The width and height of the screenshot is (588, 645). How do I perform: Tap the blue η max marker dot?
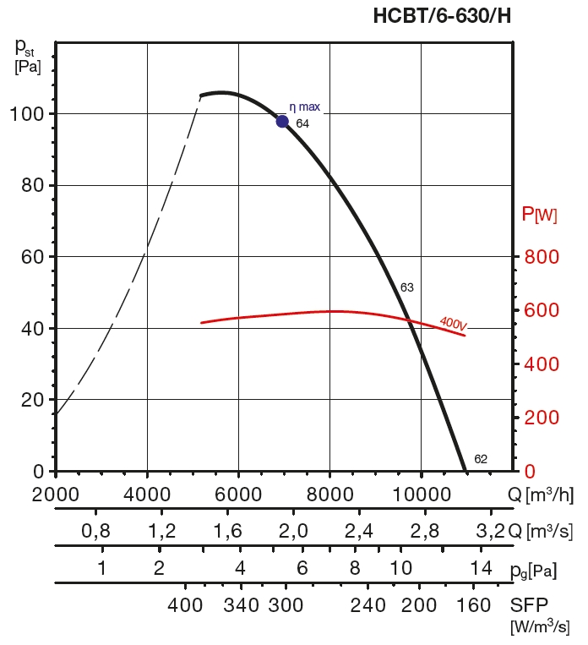point(282,121)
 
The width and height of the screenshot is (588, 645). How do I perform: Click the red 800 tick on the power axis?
point(542,257)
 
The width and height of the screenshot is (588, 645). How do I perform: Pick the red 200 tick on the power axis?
point(542,418)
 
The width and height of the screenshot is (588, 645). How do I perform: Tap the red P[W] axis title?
point(539,215)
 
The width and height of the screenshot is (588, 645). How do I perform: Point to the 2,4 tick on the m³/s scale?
point(358,531)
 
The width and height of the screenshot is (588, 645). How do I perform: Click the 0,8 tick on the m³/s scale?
point(95,531)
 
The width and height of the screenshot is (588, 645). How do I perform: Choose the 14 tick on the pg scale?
point(481,568)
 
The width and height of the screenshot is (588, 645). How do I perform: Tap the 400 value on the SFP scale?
point(186,605)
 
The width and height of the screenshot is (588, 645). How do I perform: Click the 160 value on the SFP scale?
point(473,605)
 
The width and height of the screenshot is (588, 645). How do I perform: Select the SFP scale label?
point(529,605)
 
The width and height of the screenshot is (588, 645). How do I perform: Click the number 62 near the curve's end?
point(481,459)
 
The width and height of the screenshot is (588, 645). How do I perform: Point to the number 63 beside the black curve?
point(406,287)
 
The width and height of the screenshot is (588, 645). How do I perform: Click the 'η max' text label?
point(304,107)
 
